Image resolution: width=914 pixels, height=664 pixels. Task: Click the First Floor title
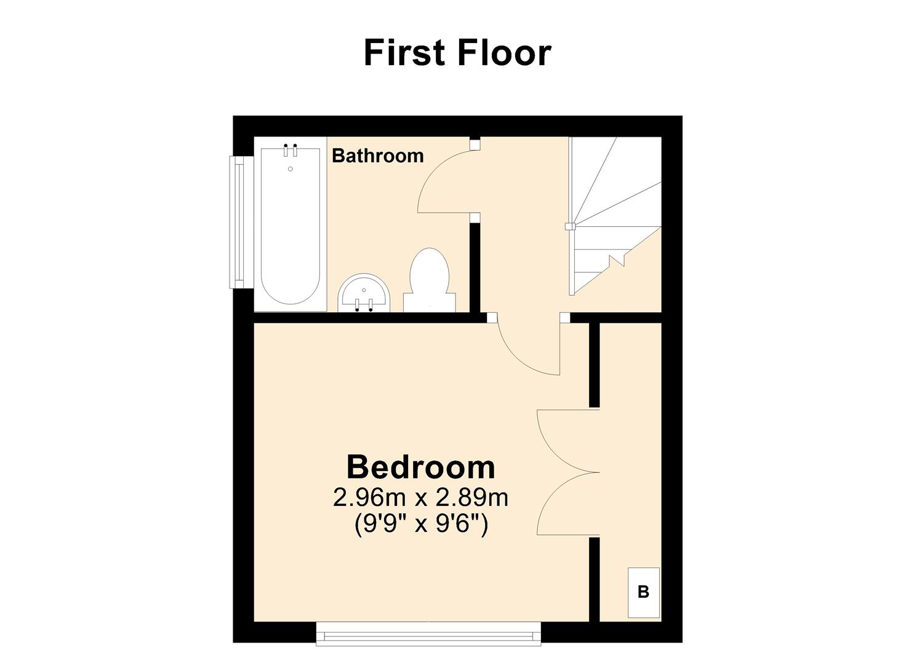point(457,53)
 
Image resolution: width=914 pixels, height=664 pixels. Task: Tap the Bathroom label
point(377,156)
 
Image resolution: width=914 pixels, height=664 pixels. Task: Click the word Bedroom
point(420,467)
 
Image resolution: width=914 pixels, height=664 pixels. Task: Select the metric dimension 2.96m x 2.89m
point(420,497)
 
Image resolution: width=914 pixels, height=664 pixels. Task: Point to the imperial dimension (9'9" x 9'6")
point(421,524)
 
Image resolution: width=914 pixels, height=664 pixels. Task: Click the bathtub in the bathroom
point(290,227)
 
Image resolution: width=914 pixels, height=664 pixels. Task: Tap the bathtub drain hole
point(291,168)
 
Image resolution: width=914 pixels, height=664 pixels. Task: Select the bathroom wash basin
point(363,294)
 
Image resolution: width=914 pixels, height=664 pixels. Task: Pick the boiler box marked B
point(643,592)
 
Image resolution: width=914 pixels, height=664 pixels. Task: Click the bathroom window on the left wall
point(238,222)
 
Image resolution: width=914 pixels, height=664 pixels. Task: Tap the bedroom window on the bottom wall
point(428,633)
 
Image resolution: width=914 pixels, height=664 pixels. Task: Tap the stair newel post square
point(570,226)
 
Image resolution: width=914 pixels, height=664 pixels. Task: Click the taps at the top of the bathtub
point(291,150)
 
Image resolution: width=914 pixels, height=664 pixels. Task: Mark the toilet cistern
point(430,302)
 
